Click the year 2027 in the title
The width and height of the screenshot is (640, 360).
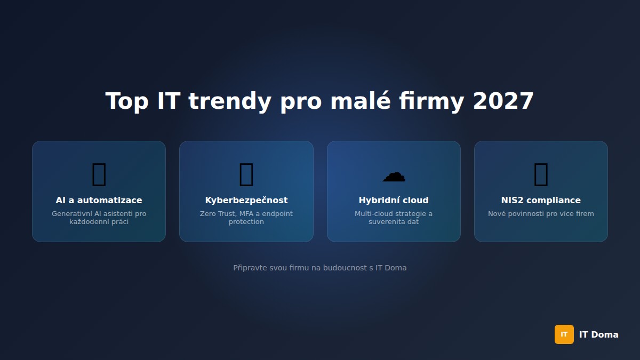[x=503, y=101]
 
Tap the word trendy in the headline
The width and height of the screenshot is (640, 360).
[x=229, y=101]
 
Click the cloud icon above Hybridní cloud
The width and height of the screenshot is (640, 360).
[x=394, y=175]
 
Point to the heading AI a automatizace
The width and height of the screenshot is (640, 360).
[x=99, y=201]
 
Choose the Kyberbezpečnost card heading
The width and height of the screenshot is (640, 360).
[x=246, y=201]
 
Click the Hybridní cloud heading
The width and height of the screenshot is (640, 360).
[x=394, y=201]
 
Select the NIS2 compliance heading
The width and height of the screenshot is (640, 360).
[x=541, y=201]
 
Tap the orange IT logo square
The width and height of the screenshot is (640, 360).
[x=564, y=334]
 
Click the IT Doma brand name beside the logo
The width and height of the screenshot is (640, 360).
[x=598, y=335]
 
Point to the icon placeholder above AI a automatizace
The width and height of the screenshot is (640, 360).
[x=99, y=174]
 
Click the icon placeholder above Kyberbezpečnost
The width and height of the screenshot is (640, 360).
[x=246, y=174]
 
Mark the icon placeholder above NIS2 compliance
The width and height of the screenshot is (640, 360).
[x=541, y=174]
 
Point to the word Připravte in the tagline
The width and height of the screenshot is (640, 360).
[x=250, y=268]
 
